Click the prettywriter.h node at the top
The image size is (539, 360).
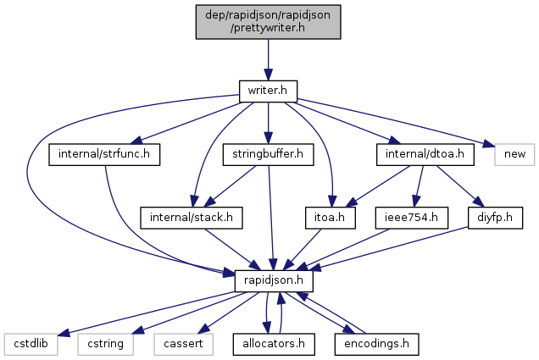pos(268,20)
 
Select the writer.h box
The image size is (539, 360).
pos(268,89)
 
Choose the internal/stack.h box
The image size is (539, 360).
pos(192,218)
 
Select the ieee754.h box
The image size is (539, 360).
pos(411,218)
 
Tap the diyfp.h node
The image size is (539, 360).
pos(491,218)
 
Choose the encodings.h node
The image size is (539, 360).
pos(375,344)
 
